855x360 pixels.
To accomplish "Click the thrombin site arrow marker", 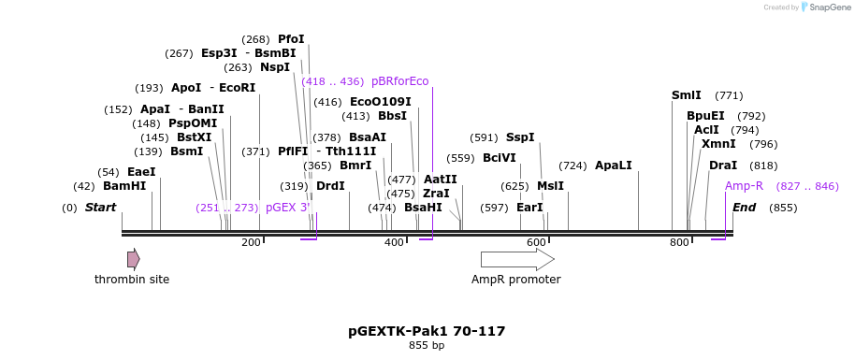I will point(133,259).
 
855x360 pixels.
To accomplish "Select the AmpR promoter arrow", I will point(516,259).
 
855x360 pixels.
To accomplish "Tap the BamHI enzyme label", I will point(124,186).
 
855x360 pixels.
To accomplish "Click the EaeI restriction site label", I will point(141,172).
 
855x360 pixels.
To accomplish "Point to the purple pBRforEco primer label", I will point(399,81).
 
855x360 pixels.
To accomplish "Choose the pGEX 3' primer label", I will point(287,208).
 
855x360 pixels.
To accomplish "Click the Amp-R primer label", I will point(744,186).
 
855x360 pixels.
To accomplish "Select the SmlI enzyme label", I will point(687,95).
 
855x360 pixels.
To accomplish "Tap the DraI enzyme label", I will point(723,166).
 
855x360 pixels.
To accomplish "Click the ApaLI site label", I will point(614,166).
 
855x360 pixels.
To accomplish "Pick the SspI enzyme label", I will point(520,137).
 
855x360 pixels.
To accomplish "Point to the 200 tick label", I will point(251,243).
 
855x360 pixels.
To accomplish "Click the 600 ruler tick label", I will point(536,243).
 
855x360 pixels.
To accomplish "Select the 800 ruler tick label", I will point(679,243).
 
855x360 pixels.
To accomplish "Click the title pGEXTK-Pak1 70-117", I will point(427,331).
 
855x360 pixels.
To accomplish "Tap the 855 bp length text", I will point(427,346).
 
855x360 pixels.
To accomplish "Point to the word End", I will point(744,208).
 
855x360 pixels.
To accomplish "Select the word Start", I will point(100,208).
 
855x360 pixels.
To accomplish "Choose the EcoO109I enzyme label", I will point(380,102).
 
